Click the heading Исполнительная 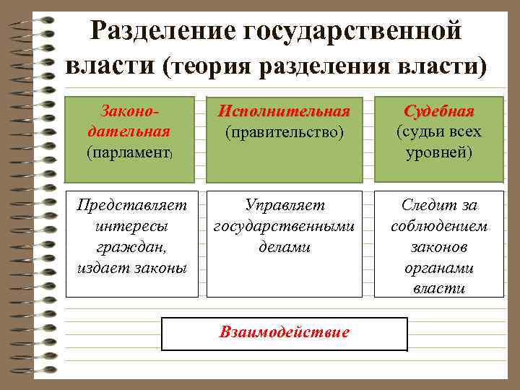tap(284, 112)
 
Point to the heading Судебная tap(439, 112)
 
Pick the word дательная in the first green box tap(129, 131)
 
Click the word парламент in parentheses tap(129, 152)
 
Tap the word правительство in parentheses tap(284, 133)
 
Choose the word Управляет tap(285, 206)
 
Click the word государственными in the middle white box tap(285, 226)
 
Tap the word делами tap(285, 247)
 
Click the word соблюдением tap(439, 226)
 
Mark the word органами tap(439, 268)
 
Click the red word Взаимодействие tap(285, 332)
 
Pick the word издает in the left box tap(102, 268)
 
